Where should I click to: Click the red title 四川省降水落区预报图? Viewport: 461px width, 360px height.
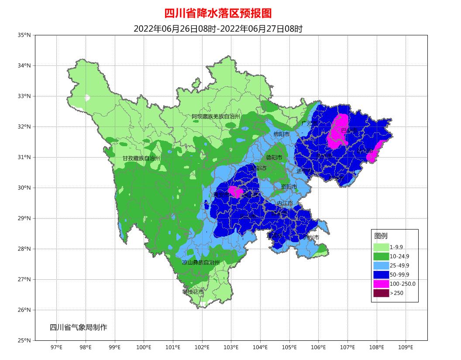220,14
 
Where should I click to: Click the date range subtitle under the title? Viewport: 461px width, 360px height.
218,29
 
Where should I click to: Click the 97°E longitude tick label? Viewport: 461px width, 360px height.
57,347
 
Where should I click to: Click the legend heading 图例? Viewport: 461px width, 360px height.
381,236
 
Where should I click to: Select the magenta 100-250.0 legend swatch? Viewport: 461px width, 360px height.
381,284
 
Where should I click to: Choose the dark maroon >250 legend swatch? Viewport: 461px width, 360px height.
381,293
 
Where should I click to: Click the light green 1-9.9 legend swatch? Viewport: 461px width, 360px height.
381,247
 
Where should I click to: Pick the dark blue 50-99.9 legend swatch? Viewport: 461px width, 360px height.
381,274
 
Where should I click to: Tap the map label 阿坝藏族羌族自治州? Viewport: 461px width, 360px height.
216,117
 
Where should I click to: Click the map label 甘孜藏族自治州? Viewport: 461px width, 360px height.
141,158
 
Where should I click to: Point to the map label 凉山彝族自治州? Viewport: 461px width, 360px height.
201,263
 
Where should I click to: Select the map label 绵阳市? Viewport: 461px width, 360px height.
282,134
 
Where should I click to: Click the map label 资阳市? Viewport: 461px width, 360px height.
289,187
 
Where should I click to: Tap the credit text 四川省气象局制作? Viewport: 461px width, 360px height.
78,327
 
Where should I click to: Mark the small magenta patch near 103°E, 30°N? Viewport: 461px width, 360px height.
236,192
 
